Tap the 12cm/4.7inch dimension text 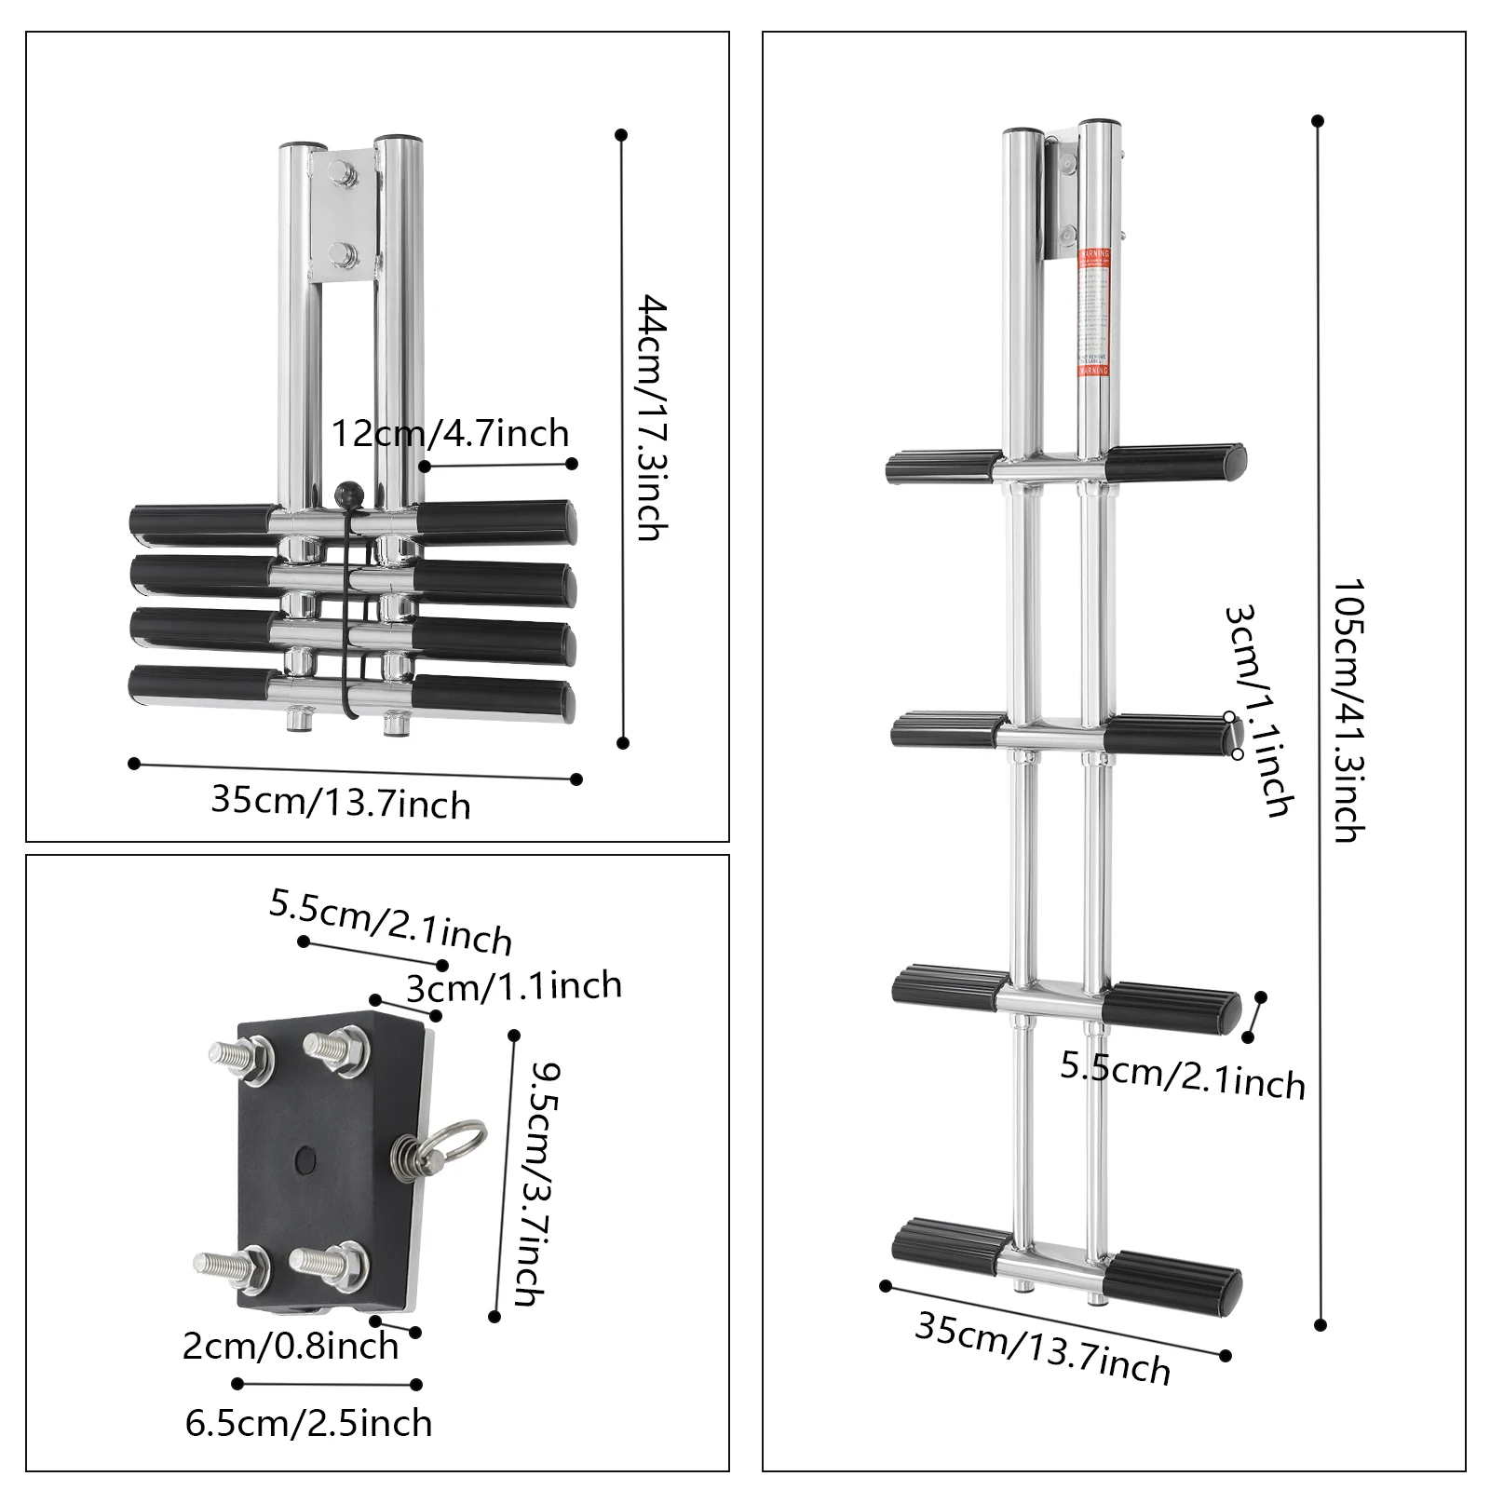450,434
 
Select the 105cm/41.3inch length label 1349,711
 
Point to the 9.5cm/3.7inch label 536,1183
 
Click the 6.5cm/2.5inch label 308,1424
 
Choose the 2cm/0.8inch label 290,1347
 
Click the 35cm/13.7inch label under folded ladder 340,802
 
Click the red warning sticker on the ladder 1094,312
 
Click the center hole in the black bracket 304,1159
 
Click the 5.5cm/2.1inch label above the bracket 390,921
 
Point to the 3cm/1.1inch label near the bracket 513,986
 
